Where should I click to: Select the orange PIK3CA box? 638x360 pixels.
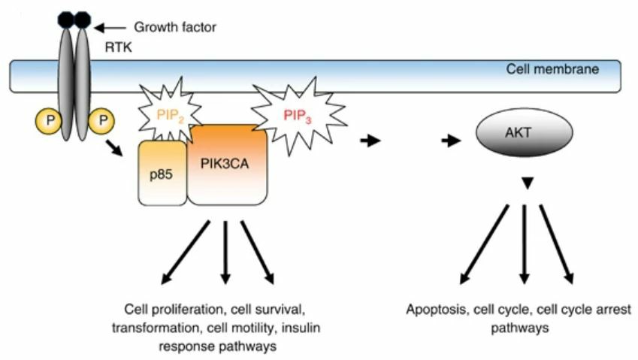(x=228, y=165)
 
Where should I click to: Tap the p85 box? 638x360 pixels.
(x=162, y=173)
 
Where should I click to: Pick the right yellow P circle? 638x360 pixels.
(x=101, y=119)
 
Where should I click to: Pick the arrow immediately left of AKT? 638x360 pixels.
(x=451, y=141)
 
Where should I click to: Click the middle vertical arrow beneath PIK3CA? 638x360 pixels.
(x=225, y=252)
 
